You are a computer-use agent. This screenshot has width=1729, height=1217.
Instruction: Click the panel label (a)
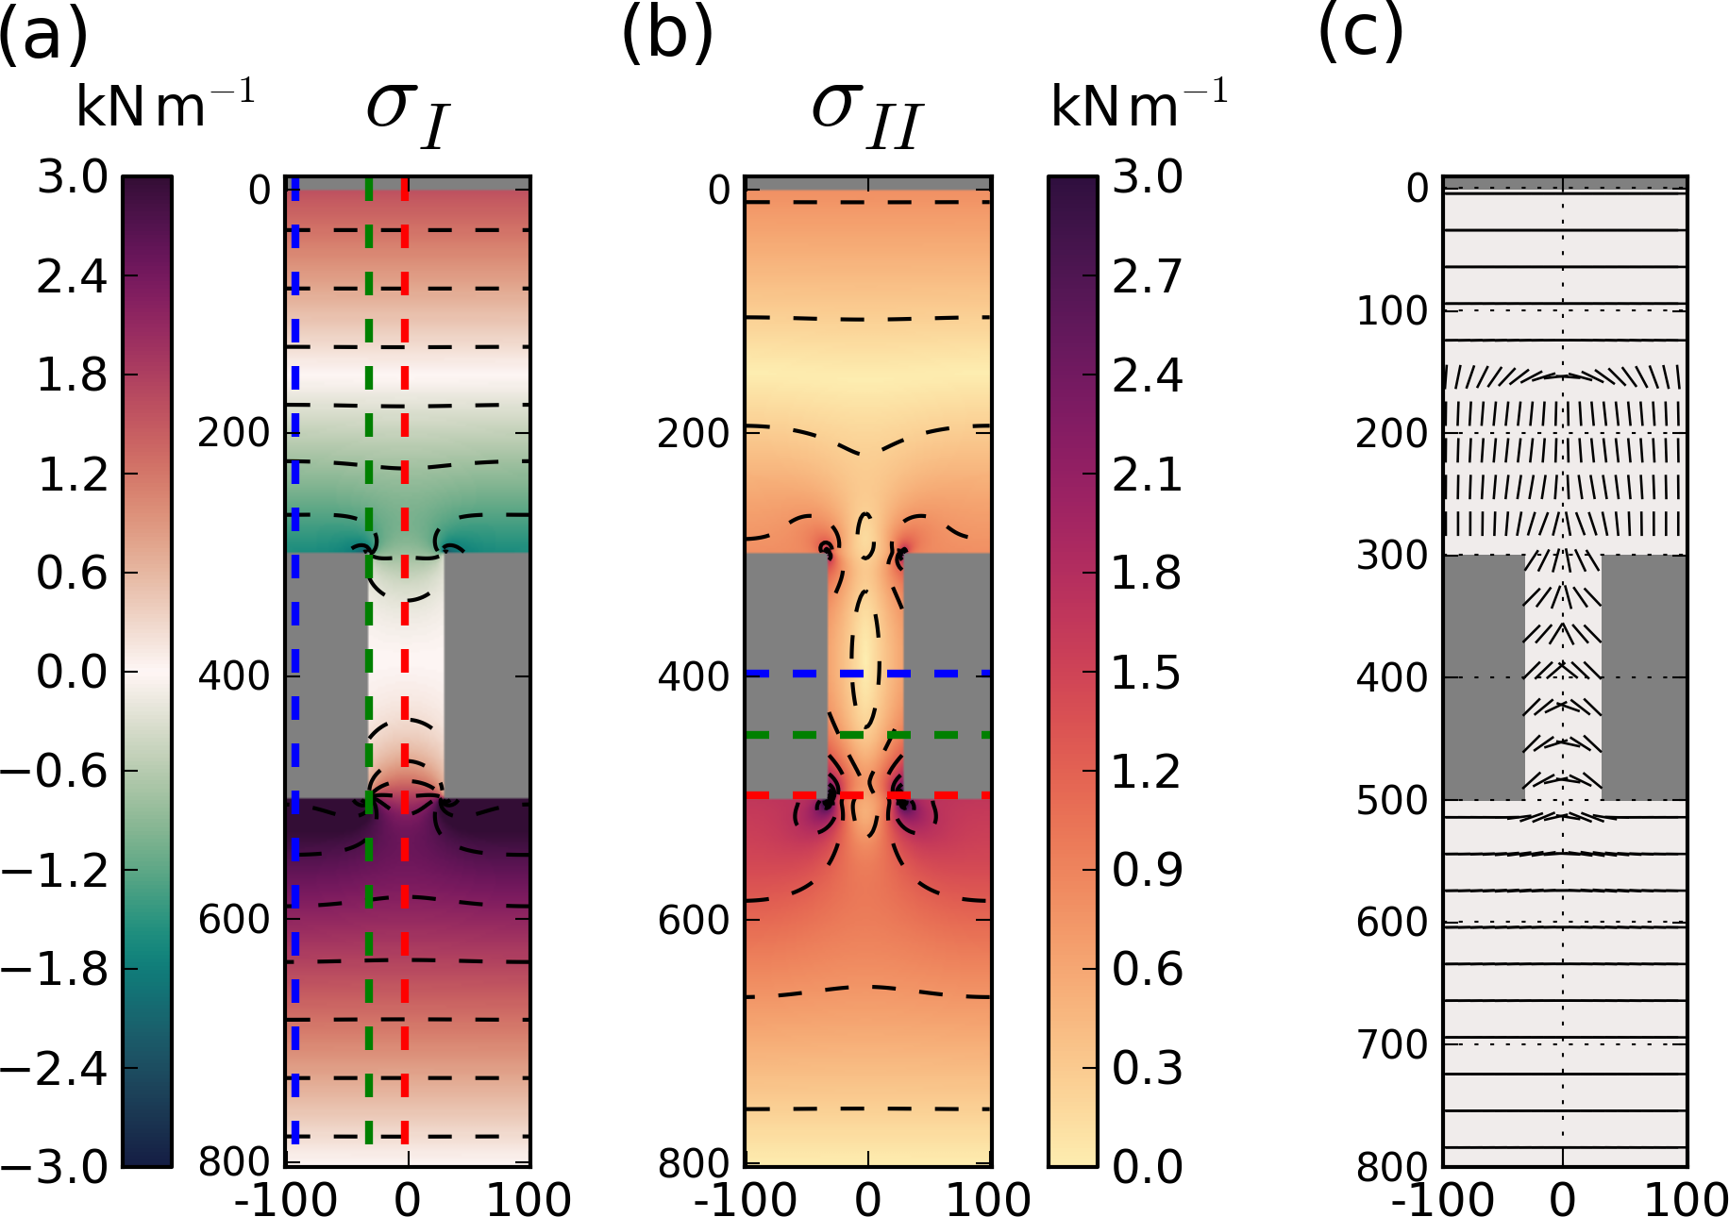(x=43, y=36)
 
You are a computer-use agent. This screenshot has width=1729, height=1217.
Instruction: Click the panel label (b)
(x=666, y=36)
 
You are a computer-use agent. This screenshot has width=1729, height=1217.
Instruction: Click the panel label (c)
(x=1360, y=36)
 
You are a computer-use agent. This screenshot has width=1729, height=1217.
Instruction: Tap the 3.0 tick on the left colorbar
(x=72, y=177)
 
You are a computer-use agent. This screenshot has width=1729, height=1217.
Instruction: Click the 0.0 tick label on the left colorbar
(x=72, y=672)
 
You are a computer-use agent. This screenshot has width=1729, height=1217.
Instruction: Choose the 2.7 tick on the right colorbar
(x=1147, y=276)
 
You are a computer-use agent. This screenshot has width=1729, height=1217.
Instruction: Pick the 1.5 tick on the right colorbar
(x=1147, y=673)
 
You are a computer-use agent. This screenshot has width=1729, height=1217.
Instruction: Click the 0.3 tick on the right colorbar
(x=1147, y=1068)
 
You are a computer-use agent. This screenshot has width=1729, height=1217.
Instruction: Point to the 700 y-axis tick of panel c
(x=1392, y=1044)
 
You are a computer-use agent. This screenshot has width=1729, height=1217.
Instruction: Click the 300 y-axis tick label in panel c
(x=1392, y=556)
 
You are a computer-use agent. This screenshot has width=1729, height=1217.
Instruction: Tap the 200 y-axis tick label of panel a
(x=233, y=433)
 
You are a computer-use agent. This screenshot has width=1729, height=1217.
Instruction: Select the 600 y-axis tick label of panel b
(x=694, y=920)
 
